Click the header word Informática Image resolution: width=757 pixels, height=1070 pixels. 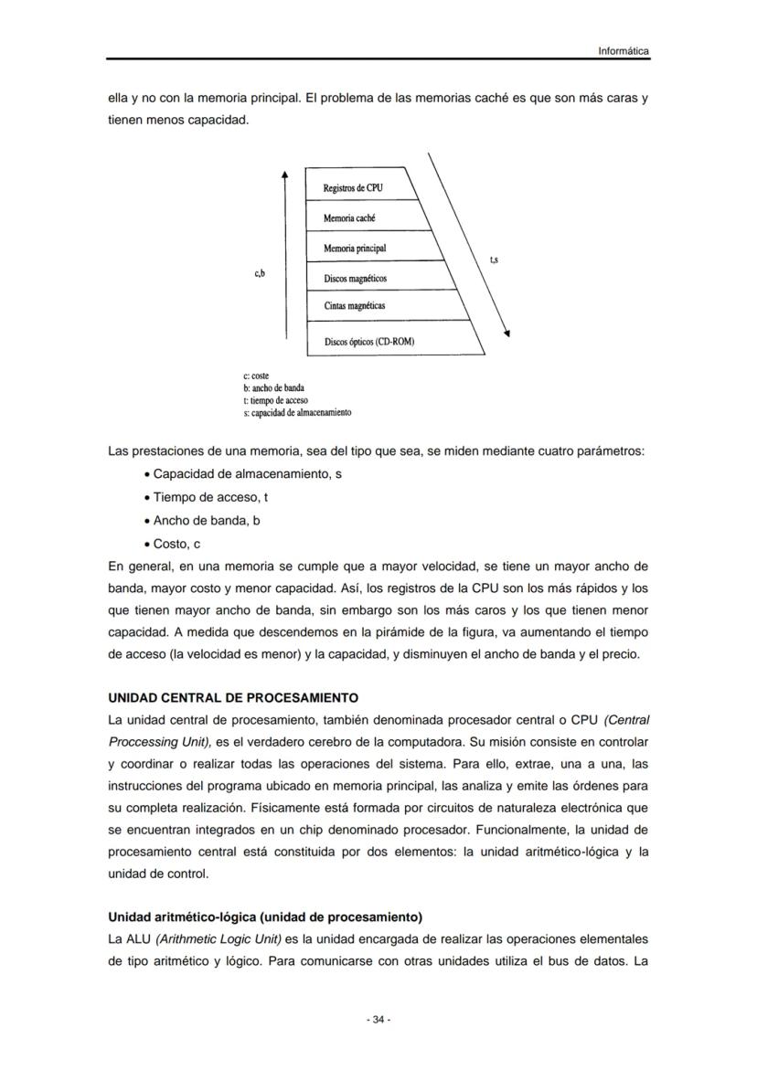point(624,51)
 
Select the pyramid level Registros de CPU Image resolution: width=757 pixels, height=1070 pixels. point(353,188)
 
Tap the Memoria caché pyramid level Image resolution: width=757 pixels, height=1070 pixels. point(349,218)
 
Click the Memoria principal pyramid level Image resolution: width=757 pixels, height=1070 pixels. point(355,249)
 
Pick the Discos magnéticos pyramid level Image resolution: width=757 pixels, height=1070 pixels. point(356,278)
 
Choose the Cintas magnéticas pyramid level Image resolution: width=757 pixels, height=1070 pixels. point(355,306)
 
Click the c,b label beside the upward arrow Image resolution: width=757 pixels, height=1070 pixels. point(260,273)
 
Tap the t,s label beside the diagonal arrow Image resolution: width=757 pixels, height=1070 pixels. point(495,260)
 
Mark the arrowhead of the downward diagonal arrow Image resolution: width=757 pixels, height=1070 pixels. point(507,334)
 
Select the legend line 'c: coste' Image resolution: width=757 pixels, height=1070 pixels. point(256,376)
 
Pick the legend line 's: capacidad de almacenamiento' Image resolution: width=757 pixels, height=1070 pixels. point(297,412)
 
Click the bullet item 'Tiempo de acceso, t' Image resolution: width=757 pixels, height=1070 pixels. point(209,497)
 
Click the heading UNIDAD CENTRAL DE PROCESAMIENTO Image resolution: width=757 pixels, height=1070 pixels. point(233,698)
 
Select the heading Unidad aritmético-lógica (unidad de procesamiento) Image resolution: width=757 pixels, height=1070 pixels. point(265,916)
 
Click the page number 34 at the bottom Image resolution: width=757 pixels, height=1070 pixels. point(378,1020)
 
